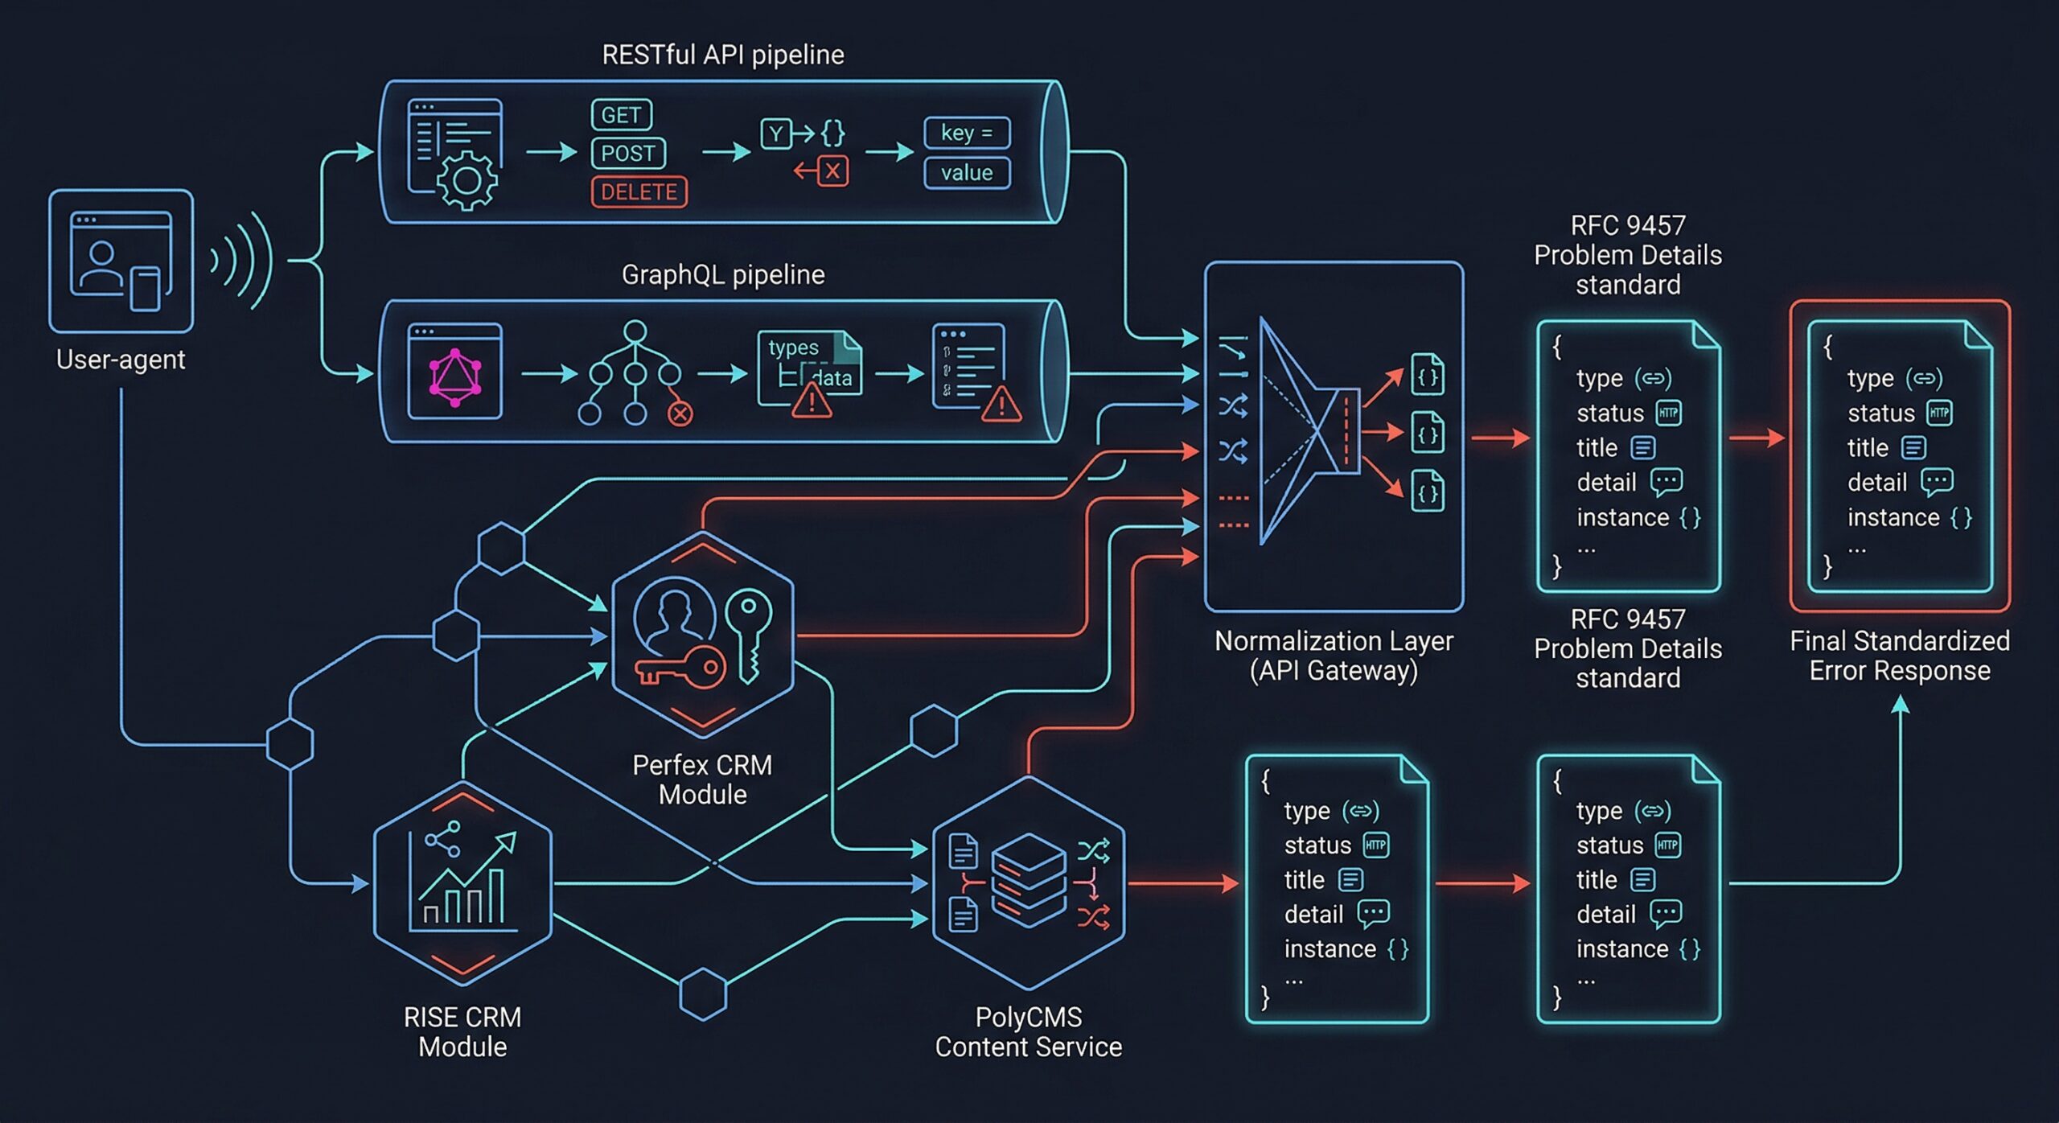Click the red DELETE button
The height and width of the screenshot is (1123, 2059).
point(639,192)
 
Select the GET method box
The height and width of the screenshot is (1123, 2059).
point(621,115)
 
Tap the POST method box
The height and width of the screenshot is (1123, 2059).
point(628,153)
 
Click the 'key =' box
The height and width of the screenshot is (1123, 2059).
point(967,133)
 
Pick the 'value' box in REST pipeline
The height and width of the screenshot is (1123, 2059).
point(967,173)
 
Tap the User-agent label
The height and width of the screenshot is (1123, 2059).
point(121,359)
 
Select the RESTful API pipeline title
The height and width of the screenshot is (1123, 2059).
point(722,55)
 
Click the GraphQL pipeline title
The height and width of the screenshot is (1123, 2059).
point(722,275)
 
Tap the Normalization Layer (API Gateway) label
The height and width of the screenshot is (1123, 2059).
point(1334,656)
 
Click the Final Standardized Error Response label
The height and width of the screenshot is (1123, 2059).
point(1899,656)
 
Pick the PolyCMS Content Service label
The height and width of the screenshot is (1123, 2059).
point(1028,1032)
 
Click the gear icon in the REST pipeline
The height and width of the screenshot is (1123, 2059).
point(466,180)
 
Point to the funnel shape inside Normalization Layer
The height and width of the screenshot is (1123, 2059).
point(1303,430)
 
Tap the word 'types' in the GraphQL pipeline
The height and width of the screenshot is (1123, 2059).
point(793,348)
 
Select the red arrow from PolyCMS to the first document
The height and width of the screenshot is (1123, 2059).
point(1182,883)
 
